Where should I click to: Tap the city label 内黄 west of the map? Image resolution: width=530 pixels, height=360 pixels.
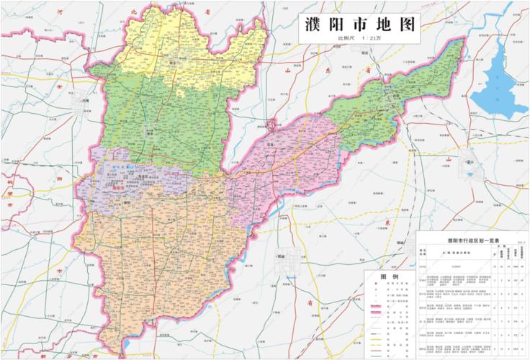[86, 102]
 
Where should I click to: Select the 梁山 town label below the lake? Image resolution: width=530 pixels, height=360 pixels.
[472, 163]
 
